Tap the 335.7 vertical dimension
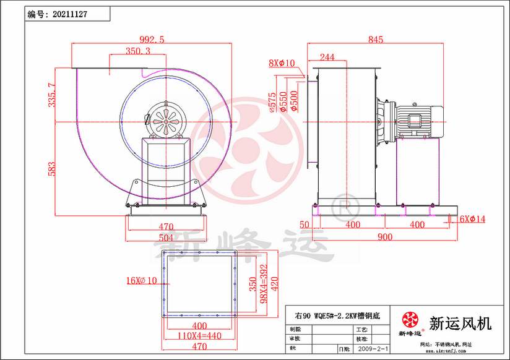[x=51, y=95]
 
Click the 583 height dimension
[x=51, y=168]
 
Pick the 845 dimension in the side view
[x=376, y=40]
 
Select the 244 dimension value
[x=327, y=58]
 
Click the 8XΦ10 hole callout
[x=282, y=63]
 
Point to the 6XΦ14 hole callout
[x=472, y=219]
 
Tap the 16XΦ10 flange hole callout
[x=141, y=280]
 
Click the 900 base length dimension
[x=384, y=237]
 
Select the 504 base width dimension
[x=165, y=238]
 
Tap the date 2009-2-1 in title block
[x=373, y=350]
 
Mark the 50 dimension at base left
[x=305, y=224]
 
